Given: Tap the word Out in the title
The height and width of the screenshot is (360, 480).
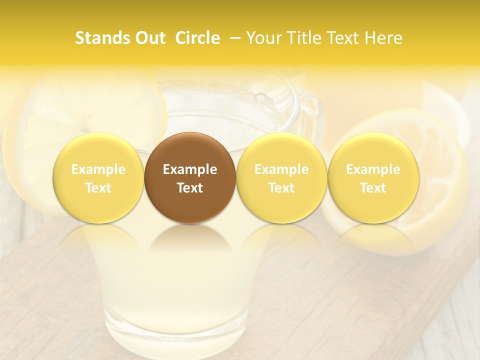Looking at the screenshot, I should coord(149,38).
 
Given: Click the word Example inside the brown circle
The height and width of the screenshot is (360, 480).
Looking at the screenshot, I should coord(190,170).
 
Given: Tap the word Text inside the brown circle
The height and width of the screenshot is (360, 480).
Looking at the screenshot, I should coord(190,188).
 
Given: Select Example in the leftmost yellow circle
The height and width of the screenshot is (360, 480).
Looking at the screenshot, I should coord(98,170).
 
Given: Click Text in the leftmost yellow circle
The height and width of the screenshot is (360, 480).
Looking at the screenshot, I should coord(98,188).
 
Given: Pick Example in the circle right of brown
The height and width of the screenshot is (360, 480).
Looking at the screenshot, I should coord(281,170).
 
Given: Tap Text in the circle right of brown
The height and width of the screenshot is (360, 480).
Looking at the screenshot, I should coord(281,188).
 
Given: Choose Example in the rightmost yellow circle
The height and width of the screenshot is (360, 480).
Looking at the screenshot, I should coord(373,170).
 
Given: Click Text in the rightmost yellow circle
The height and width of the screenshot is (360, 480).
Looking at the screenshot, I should coord(373,188).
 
